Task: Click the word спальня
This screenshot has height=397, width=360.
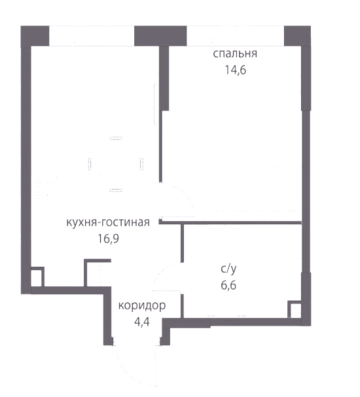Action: pyautogui.click(x=235, y=54)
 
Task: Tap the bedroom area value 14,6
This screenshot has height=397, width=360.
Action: pyautogui.click(x=236, y=70)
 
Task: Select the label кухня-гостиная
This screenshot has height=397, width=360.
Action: pyautogui.click(x=108, y=222)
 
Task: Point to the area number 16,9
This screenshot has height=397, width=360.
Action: pyautogui.click(x=109, y=239)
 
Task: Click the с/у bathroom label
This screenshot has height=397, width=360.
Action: pyautogui.click(x=228, y=269)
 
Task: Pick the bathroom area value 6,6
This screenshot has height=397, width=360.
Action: pyautogui.click(x=228, y=285)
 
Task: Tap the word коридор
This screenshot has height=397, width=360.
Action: pyautogui.click(x=142, y=306)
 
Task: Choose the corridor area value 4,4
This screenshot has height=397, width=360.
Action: pyautogui.click(x=142, y=322)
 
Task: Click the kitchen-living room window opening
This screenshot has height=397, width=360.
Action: pyautogui.click(x=92, y=36)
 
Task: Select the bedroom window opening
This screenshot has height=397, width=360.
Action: pyautogui.click(x=236, y=36)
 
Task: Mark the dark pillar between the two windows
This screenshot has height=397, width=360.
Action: pyautogui.click(x=160, y=36)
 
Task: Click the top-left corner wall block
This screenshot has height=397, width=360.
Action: pyautogui.click(x=35, y=36)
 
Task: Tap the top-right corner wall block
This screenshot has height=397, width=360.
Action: pyautogui.click(x=297, y=36)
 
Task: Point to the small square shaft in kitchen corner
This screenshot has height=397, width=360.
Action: pyautogui.click(x=37, y=277)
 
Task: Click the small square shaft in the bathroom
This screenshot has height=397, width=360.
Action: pyautogui.click(x=295, y=309)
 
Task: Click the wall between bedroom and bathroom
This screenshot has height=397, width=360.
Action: pyautogui.click(x=230, y=223)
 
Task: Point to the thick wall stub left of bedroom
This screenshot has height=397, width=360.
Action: pyautogui.click(x=164, y=78)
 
